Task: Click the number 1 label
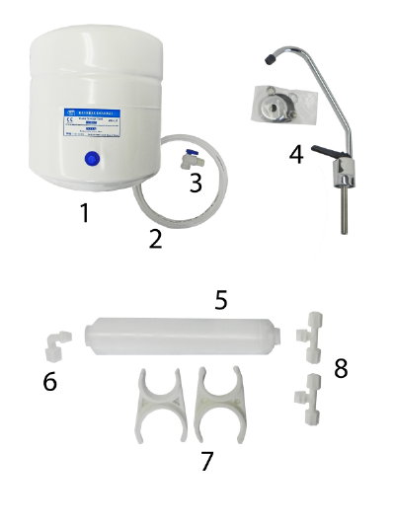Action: coord(89,211)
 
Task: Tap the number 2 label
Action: coord(156,238)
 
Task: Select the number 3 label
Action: coord(196,182)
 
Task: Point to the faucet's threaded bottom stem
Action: coord(342,212)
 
